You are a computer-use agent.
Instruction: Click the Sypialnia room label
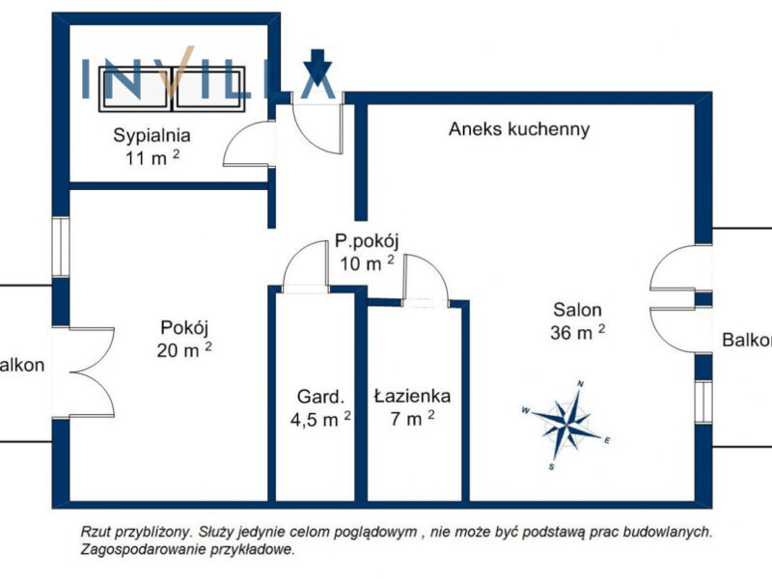coord(151,135)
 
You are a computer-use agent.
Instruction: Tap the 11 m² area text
coord(151,158)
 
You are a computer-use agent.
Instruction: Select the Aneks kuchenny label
coord(519,128)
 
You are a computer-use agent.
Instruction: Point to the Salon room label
coord(577,310)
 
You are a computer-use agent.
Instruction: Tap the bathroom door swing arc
coord(426,278)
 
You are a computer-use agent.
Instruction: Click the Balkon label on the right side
coord(747,340)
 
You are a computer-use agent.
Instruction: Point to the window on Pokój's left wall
coord(60,247)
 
